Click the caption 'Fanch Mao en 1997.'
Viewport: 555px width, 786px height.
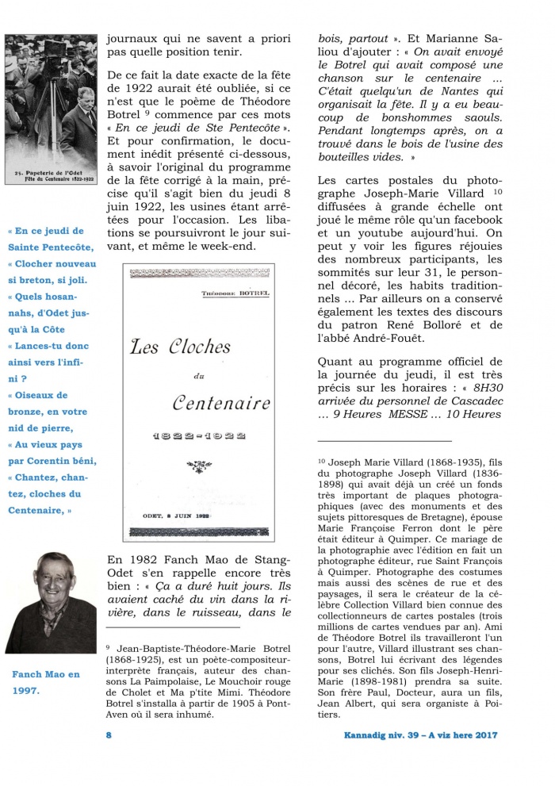pos(46,682)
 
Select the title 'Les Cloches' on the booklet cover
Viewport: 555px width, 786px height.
pos(181,347)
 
